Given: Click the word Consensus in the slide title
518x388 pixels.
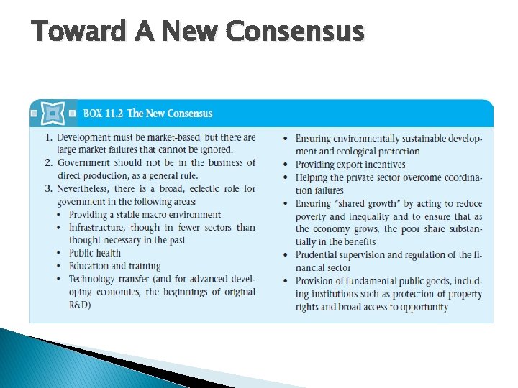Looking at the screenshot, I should coord(295,31).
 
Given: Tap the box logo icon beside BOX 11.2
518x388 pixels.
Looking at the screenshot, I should coord(53,114).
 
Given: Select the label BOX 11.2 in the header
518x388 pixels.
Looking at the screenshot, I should coord(102,114).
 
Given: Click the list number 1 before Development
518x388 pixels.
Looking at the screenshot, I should coord(47,137).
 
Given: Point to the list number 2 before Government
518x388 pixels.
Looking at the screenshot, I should coord(47,163).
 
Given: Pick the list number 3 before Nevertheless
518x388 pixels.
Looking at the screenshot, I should coord(47,189).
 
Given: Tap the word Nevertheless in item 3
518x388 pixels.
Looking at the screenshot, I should coord(87,189).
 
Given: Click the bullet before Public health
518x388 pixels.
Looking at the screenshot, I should coord(60,254).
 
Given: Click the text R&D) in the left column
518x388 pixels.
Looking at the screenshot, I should coord(80,305).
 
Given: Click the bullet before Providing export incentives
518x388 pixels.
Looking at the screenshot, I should coord(286,165).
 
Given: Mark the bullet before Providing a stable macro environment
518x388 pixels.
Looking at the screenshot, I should coord(60,215).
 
